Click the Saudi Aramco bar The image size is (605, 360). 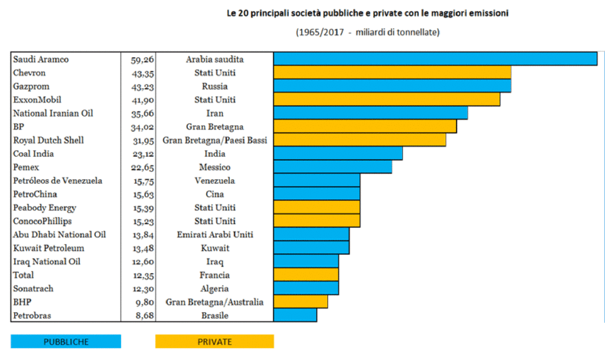435,59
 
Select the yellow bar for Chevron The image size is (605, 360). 392,73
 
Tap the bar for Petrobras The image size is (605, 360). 295,315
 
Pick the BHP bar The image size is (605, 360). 300,301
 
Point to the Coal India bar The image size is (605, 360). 337,154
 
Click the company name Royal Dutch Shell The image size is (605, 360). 48,140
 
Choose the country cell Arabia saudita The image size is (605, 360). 214,60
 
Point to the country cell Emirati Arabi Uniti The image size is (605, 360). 214,235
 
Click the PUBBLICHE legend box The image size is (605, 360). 66,342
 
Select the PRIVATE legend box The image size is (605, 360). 214,342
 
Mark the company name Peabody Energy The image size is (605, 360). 44,207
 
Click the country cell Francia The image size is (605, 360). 214,275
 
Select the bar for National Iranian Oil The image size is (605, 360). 370,113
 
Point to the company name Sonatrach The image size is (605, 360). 33,288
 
